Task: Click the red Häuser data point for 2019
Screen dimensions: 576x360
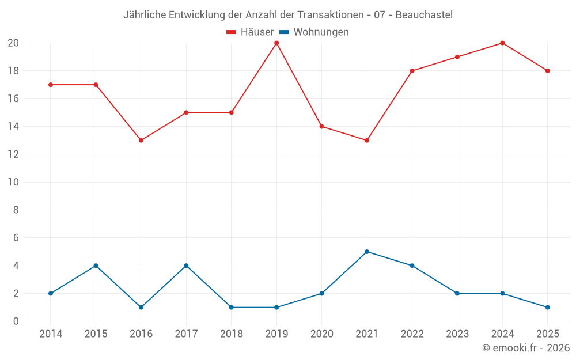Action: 276,43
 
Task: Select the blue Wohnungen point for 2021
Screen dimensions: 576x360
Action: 367,252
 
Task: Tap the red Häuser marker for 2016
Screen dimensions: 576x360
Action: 141,141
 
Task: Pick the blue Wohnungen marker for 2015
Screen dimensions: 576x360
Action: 96,266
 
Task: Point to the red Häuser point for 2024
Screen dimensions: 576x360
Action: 502,43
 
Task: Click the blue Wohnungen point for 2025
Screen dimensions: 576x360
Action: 548,308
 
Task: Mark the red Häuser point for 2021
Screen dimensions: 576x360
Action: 367,141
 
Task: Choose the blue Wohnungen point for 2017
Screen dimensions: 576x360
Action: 186,266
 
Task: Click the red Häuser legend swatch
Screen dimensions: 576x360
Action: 232,32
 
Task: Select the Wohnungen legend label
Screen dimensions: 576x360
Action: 321,32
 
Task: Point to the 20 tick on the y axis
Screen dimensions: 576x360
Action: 13,43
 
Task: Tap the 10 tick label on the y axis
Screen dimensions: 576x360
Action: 13,182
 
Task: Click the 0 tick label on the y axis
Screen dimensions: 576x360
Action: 16,321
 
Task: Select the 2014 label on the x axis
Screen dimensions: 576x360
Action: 51,334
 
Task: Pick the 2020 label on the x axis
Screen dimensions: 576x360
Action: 322,334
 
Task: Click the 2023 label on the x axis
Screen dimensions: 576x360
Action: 457,334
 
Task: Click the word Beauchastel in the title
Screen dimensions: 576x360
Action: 424,15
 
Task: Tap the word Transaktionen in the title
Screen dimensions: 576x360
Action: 331,15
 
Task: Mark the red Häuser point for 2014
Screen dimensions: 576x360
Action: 51,85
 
